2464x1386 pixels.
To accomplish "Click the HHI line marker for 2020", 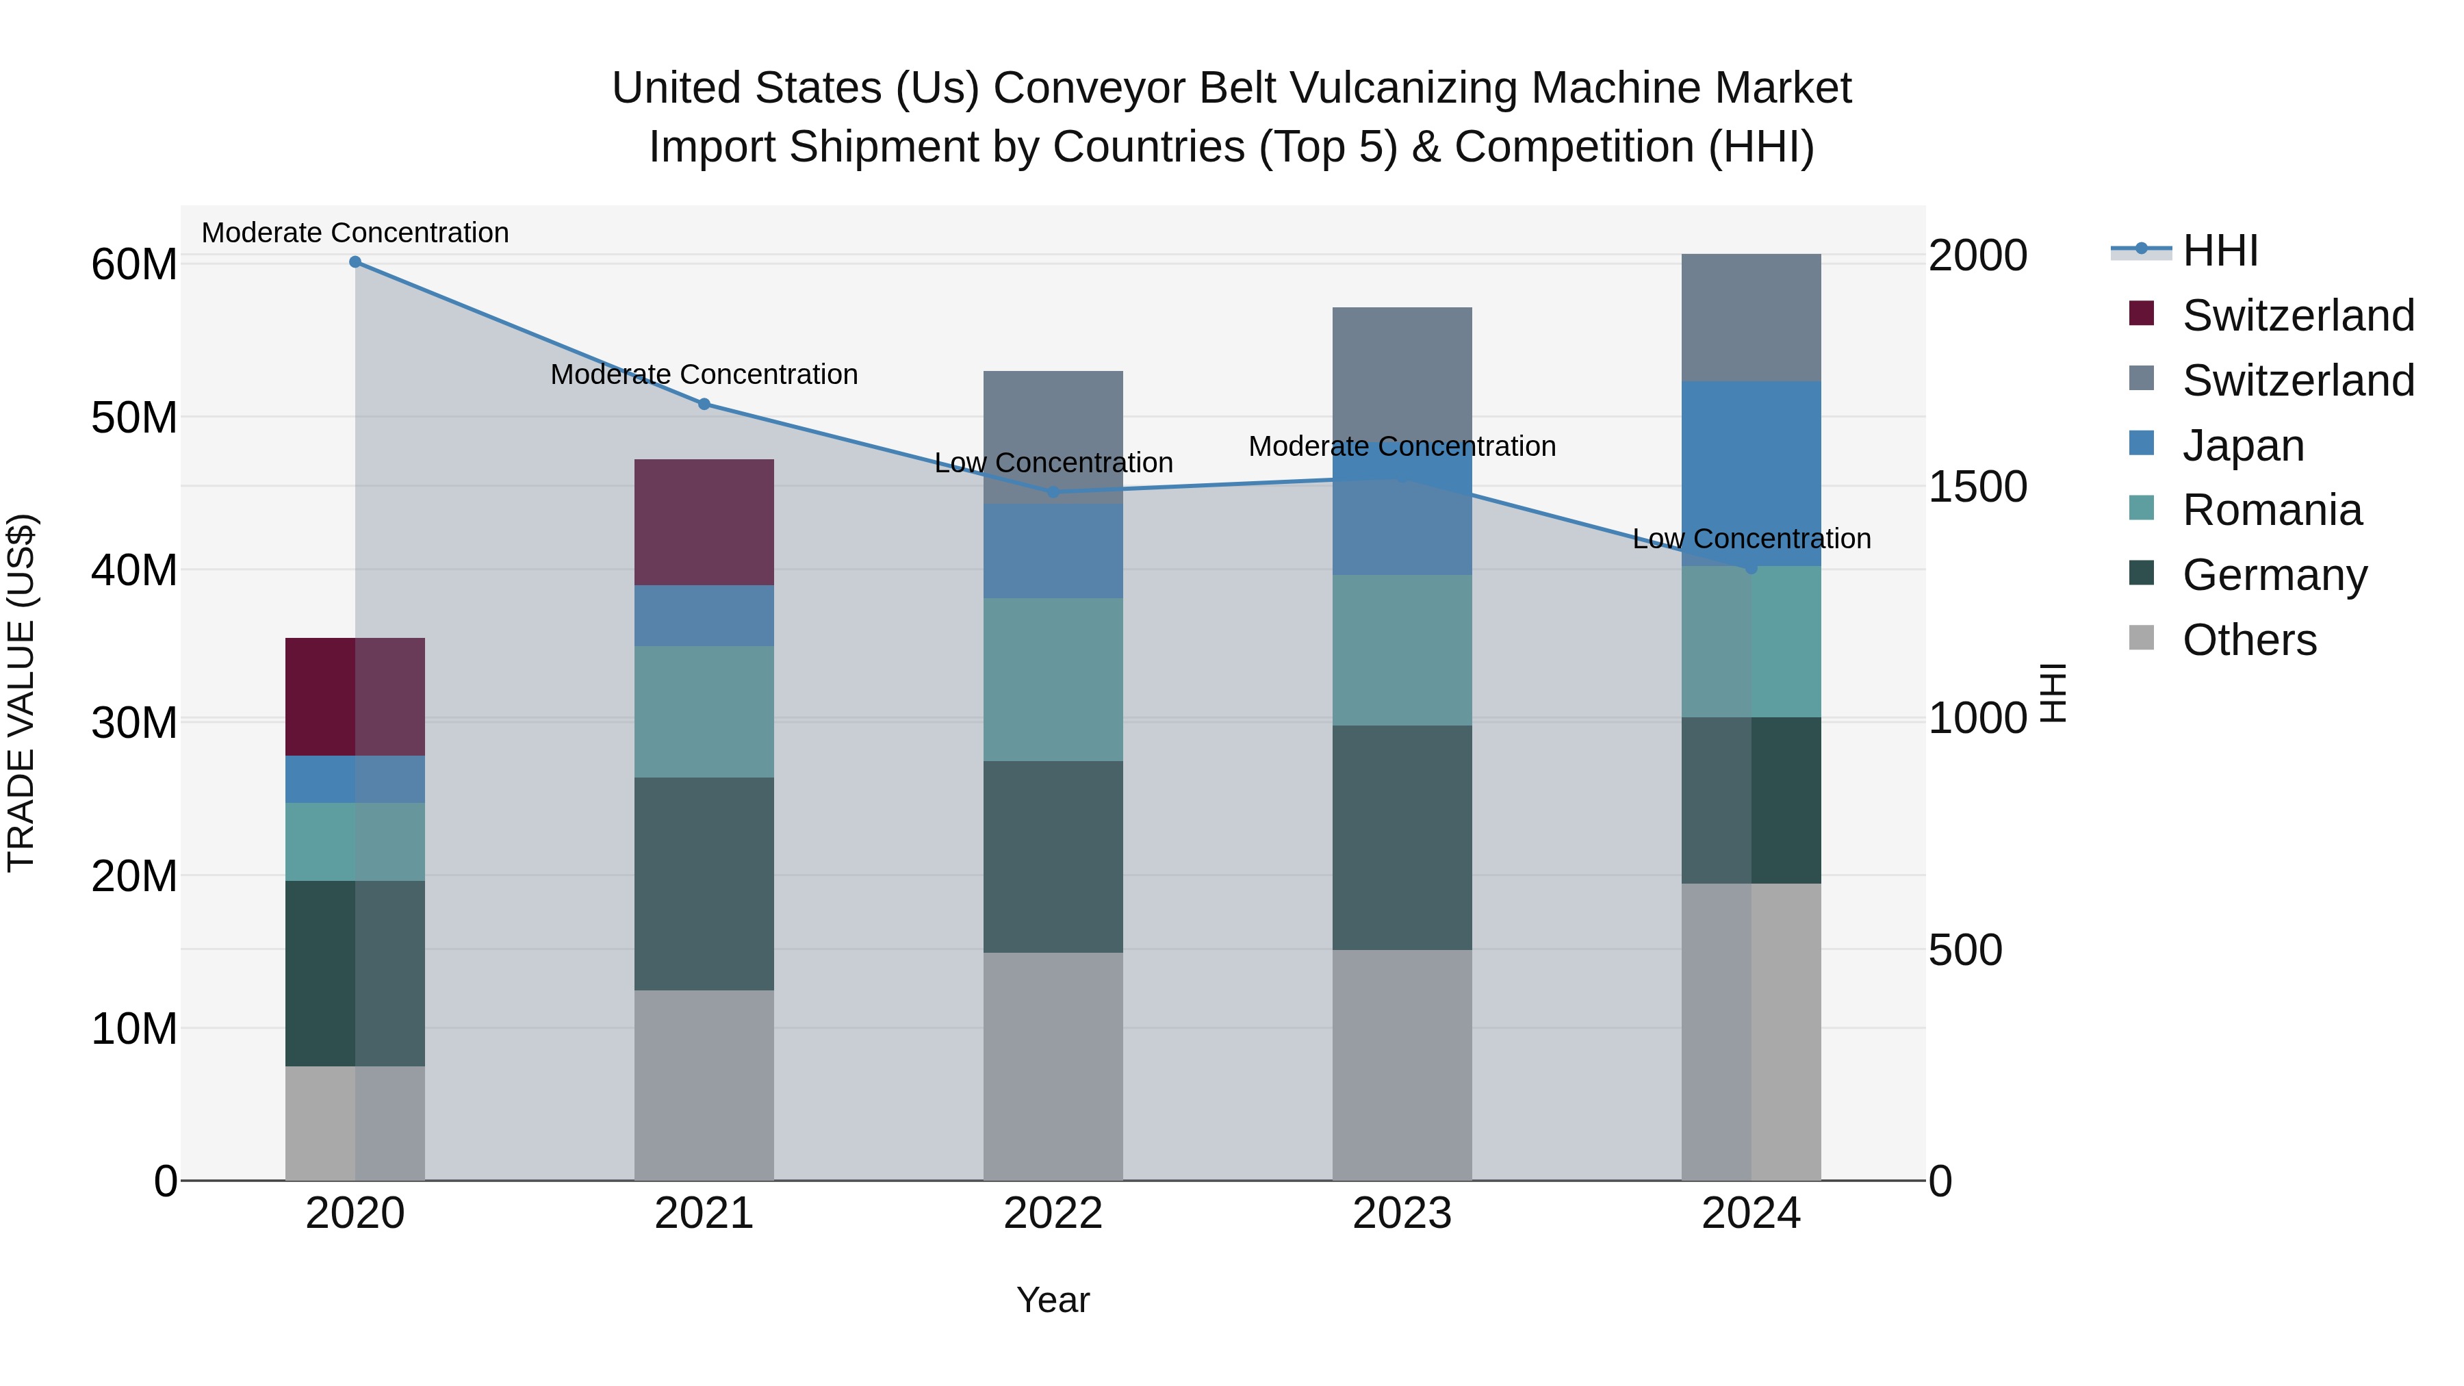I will coord(355,262).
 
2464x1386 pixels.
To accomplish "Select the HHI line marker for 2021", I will coord(704,404).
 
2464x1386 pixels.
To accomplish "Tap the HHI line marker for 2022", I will coord(1053,491).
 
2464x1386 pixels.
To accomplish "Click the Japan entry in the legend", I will coord(2243,446).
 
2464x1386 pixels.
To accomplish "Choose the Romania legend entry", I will coord(2272,511).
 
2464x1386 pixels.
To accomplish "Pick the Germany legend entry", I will coord(2274,575).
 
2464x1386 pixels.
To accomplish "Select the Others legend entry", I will coord(2249,640).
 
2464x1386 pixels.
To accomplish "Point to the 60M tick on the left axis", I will coord(134,265).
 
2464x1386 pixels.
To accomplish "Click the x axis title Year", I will coord(1053,1300).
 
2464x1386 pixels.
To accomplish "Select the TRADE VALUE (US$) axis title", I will coord(21,693).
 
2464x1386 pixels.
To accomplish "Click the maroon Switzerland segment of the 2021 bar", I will coord(704,522).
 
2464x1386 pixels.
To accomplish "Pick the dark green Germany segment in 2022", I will coord(1053,856).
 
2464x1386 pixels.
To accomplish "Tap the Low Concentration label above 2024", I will coord(1751,539).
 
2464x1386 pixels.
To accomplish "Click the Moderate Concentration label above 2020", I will coord(355,233).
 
